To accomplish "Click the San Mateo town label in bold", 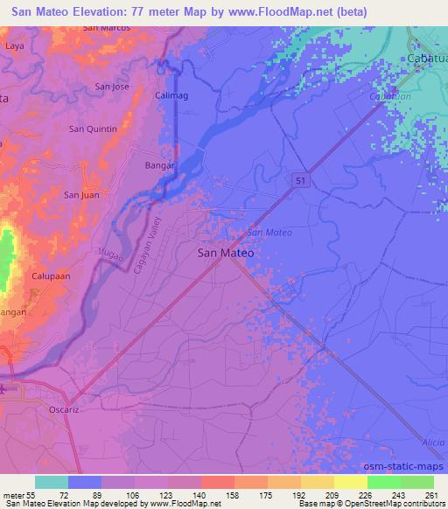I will point(226,253).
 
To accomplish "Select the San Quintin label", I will point(93,129).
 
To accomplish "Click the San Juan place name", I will point(81,195).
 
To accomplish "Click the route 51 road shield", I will point(299,178).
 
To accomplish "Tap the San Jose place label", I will point(112,87).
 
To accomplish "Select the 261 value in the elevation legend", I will point(431,496).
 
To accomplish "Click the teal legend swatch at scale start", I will point(52,482).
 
